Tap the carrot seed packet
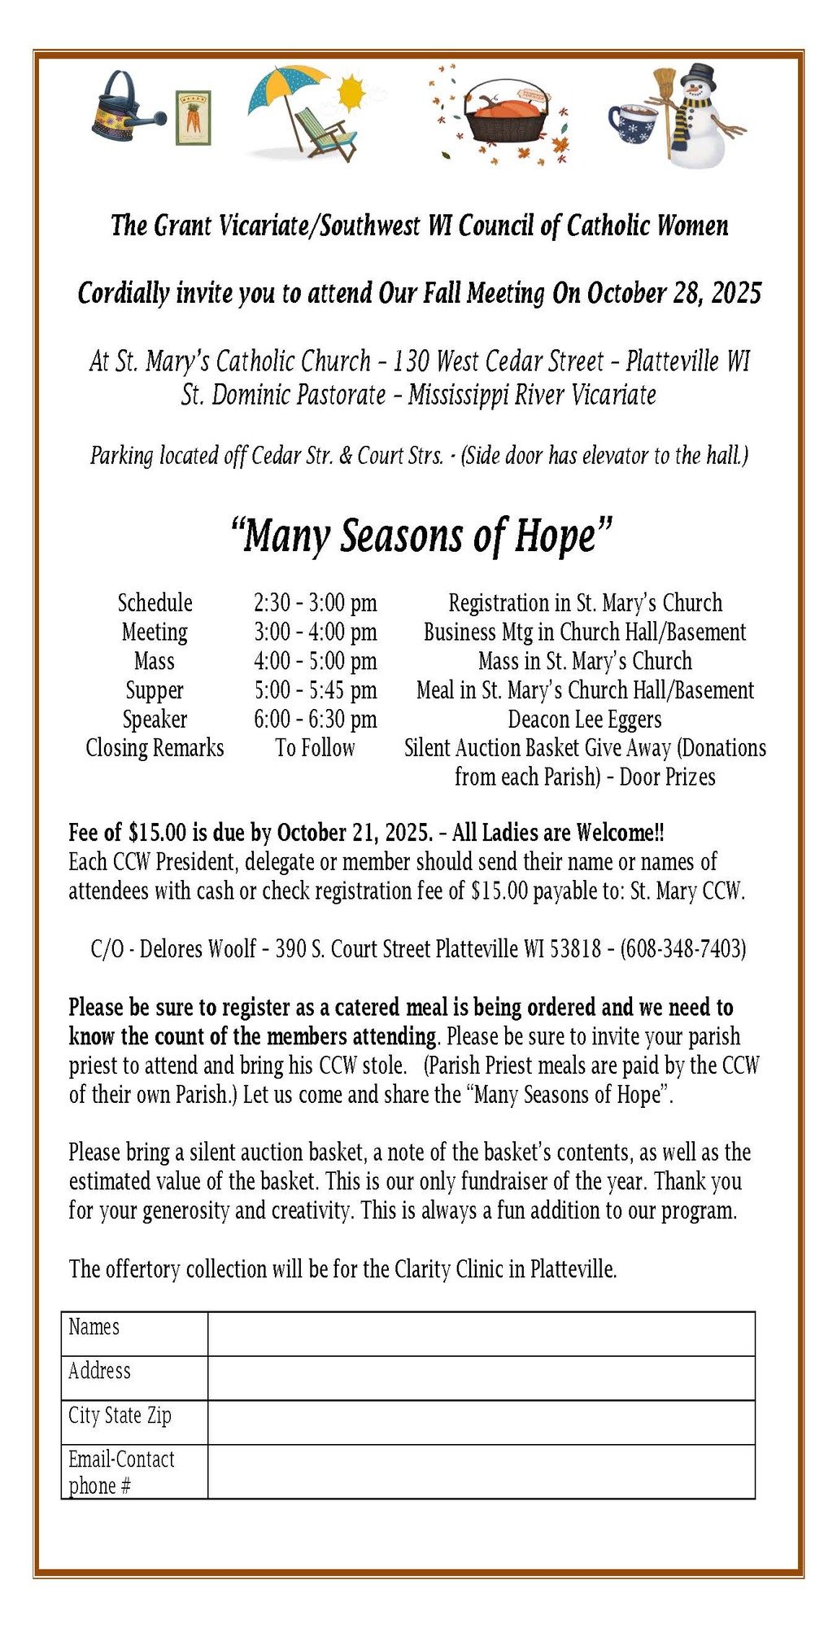(194, 118)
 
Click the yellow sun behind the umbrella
(351, 93)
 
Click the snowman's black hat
(697, 79)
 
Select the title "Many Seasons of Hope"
(420, 536)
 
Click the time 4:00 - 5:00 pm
(315, 661)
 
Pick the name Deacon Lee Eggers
(584, 720)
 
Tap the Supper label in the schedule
(155, 690)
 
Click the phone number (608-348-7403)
(683, 949)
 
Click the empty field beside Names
(481, 1333)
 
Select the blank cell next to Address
(481, 1377)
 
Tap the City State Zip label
(120, 1415)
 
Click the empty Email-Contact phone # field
(481, 1471)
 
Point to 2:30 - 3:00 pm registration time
(315, 603)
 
